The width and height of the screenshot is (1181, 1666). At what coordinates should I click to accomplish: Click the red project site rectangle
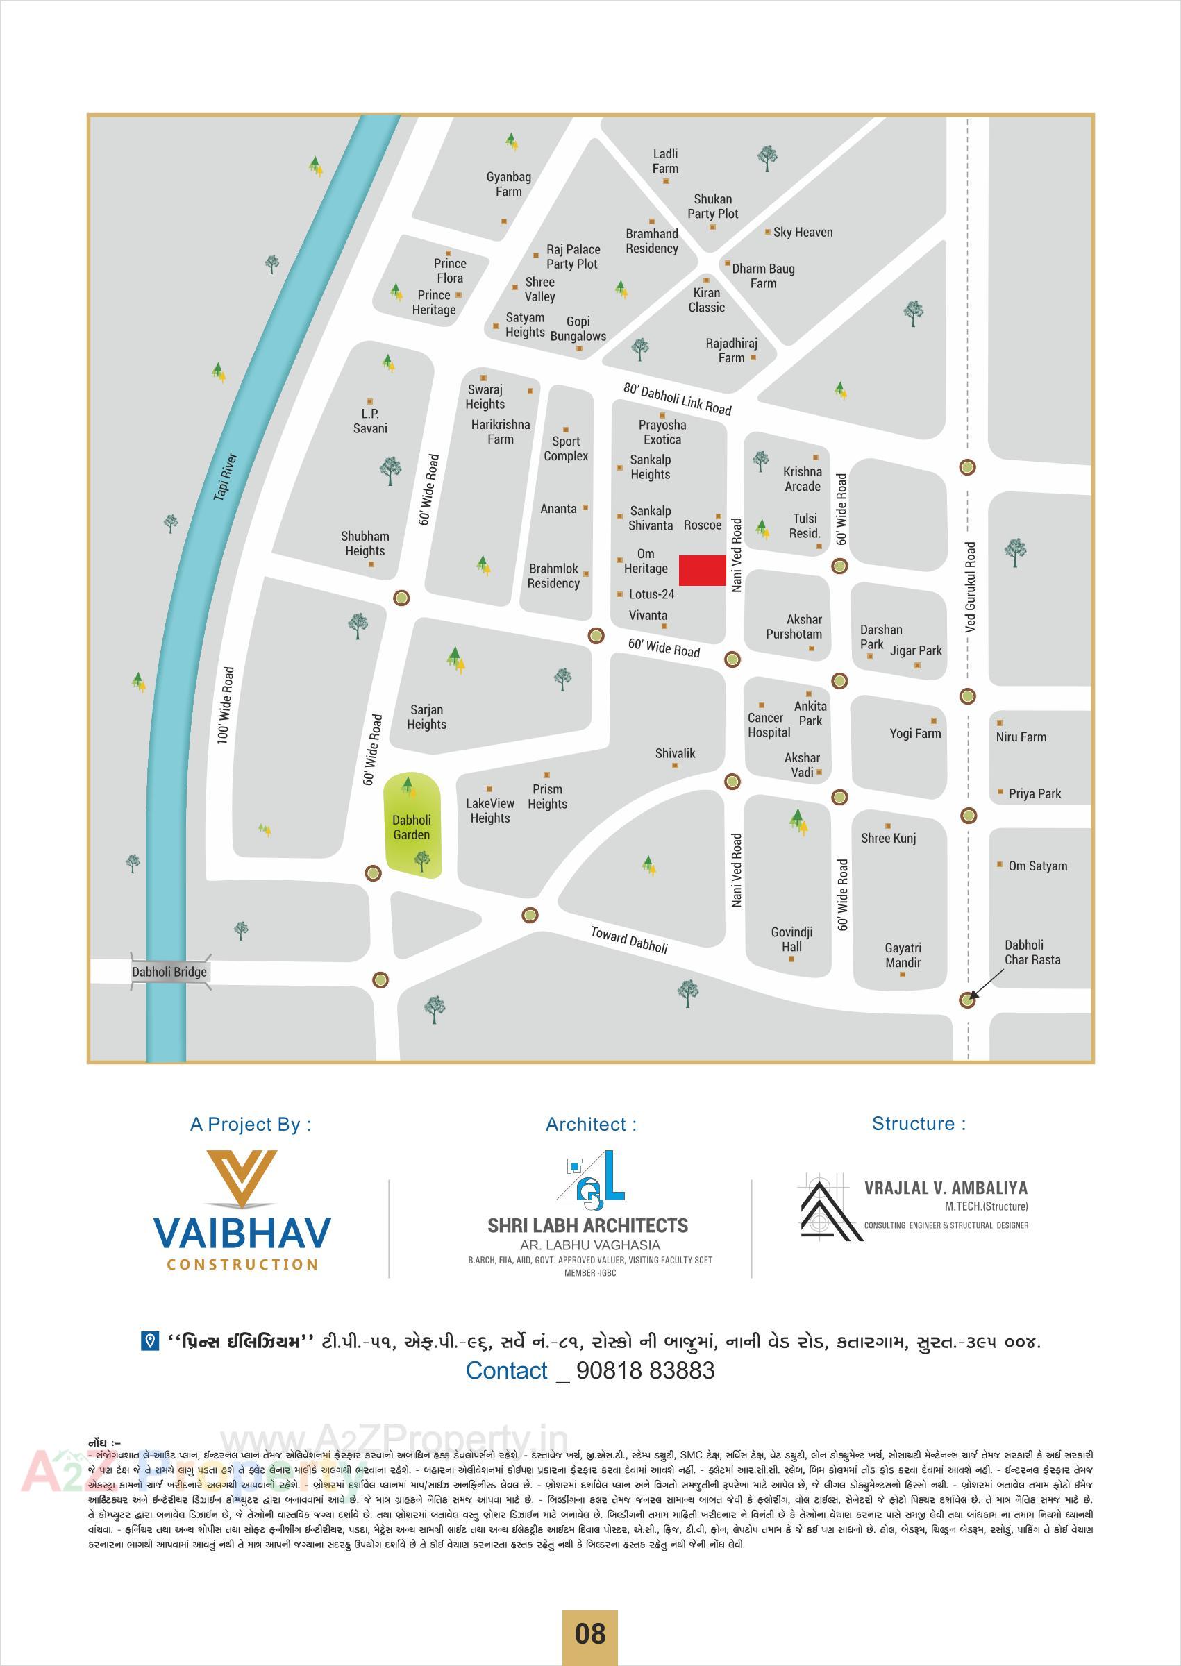coord(703,570)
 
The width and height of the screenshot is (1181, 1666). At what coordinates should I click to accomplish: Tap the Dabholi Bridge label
coord(169,972)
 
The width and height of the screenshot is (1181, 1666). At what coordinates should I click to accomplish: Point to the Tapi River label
coord(226,476)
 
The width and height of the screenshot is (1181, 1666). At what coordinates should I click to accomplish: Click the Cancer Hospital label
coord(769,725)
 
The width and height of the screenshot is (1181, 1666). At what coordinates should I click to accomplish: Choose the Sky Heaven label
coord(803,233)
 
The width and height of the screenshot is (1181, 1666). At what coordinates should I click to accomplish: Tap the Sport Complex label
coord(566,448)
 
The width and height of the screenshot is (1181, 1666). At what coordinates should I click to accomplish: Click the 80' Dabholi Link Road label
coord(677,398)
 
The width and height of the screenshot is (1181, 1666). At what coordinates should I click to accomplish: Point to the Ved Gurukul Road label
coord(971,587)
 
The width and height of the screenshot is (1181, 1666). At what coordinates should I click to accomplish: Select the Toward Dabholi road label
coord(629,940)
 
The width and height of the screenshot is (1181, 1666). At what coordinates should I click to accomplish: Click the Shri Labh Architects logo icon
coord(590,1175)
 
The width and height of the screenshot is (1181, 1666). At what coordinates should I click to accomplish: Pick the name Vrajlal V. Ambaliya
coord(946,1188)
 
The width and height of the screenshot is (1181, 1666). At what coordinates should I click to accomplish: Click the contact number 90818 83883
coord(645,1370)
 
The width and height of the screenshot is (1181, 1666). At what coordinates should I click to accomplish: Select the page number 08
coord(589,1633)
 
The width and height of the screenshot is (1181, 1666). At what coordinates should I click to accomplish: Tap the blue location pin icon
coord(149,1341)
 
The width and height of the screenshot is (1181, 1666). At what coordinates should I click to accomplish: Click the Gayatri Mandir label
coord(903,955)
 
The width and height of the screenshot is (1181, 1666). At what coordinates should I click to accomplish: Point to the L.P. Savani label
coord(370,421)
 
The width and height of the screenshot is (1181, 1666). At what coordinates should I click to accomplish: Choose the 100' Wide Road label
coord(226,705)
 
